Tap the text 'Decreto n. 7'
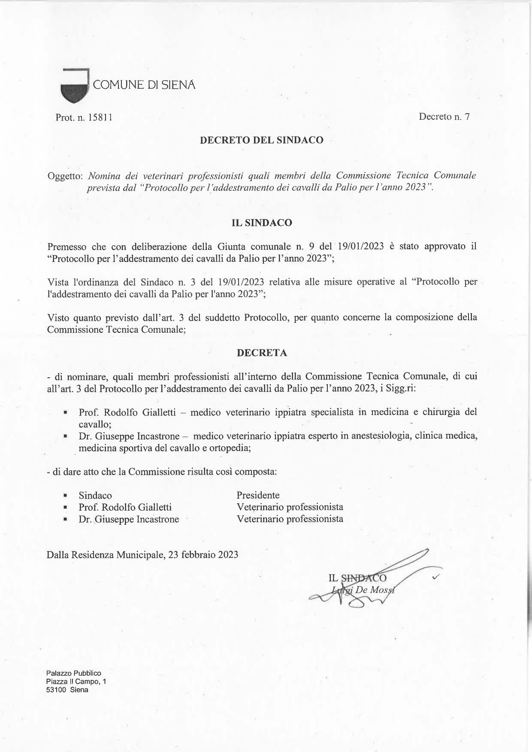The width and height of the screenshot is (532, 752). [x=444, y=117]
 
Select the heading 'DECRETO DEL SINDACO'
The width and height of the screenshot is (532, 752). [x=262, y=140]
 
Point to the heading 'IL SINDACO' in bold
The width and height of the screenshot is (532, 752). [x=262, y=223]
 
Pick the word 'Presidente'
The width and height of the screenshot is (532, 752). [x=258, y=495]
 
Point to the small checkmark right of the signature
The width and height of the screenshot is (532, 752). [x=436, y=578]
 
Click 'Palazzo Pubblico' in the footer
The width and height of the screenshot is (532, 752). [x=73, y=673]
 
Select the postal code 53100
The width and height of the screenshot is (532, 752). [x=55, y=690]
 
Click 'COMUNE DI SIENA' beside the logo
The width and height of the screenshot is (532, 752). [x=144, y=85]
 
